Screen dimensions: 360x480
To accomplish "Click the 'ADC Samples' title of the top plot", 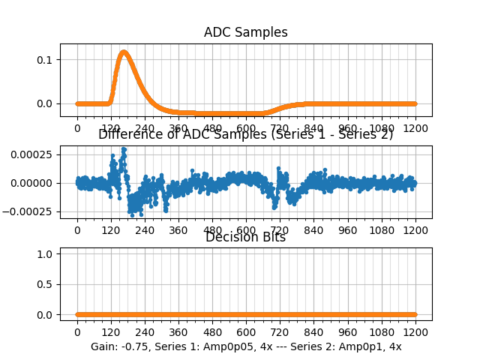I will (x=245, y=32).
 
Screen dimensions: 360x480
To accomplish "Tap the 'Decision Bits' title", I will (x=245, y=238).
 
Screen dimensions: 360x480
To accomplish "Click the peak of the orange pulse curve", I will (x=123, y=52).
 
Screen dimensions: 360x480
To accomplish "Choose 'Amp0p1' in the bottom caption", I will (x=362, y=347).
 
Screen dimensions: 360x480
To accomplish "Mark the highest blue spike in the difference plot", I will (x=124, y=149).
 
